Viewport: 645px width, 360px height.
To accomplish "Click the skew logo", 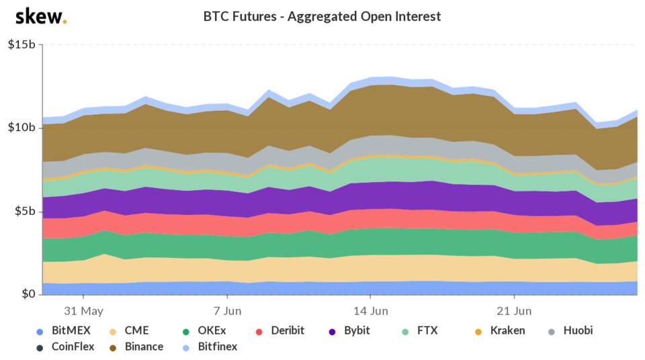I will pos(40,17).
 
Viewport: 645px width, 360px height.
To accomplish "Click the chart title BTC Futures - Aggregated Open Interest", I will pos(322,16).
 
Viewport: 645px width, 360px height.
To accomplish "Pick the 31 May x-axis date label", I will pos(83,311).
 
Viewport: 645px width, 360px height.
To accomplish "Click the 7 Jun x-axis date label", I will pos(227,311).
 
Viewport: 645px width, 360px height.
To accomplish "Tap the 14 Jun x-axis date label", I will pos(370,311).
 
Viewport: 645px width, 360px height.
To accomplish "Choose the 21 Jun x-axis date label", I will pos(514,311).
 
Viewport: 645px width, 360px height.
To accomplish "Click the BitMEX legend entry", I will pos(64,330).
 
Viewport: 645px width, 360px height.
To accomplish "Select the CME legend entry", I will pos(130,330).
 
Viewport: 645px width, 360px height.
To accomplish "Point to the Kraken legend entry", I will pos(499,330).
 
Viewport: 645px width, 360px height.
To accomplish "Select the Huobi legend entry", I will pos(571,330).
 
